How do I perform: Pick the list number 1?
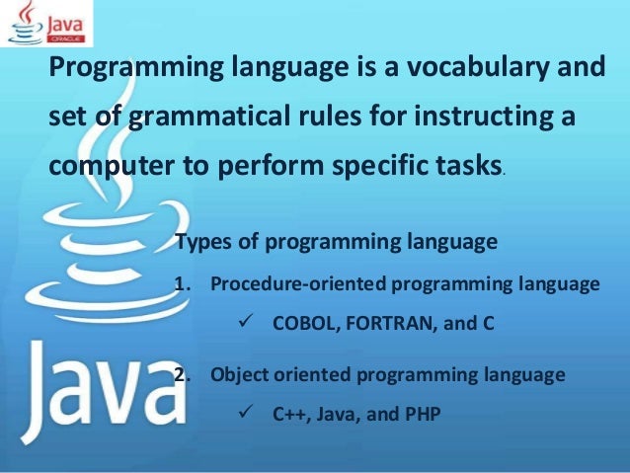click(180, 285)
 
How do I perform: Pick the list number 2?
click(180, 374)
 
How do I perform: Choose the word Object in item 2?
click(238, 374)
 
